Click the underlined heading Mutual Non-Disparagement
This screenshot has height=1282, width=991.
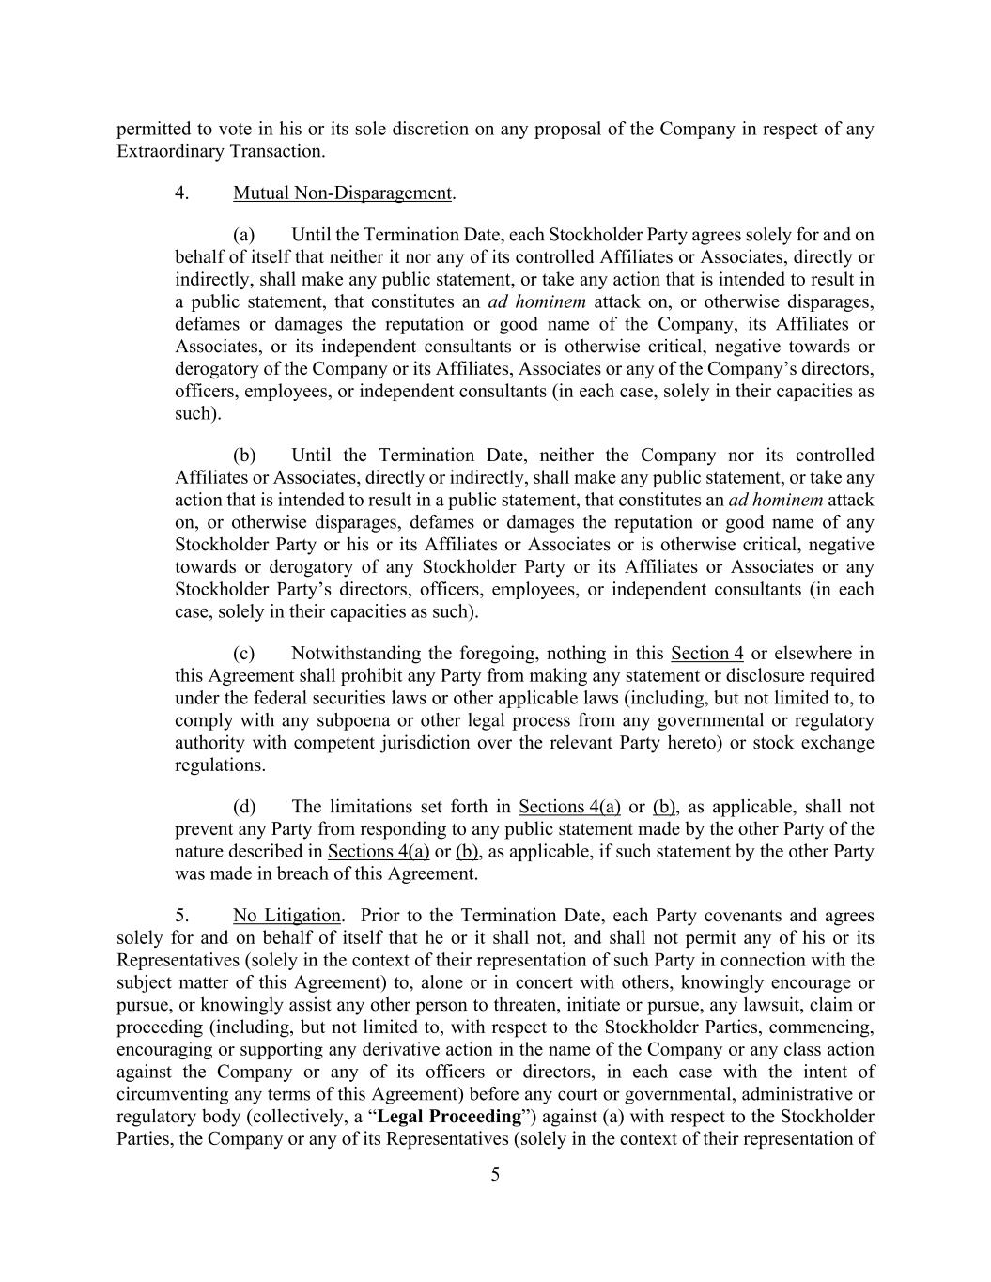pyautogui.click(x=342, y=193)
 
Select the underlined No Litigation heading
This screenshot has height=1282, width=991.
pyautogui.click(x=286, y=916)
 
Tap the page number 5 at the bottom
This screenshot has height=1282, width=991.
pyautogui.click(x=495, y=1175)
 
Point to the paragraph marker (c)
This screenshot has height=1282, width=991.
pyautogui.click(x=244, y=654)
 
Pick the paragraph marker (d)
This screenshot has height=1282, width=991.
pyautogui.click(x=244, y=807)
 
